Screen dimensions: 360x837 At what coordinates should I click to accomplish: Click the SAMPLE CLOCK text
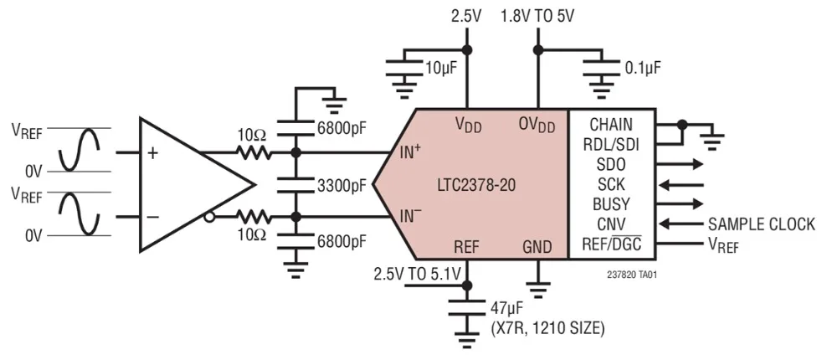[762, 224]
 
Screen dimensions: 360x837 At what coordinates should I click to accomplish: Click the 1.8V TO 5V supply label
[537, 16]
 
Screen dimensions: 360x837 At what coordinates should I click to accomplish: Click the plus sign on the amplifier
[152, 153]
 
